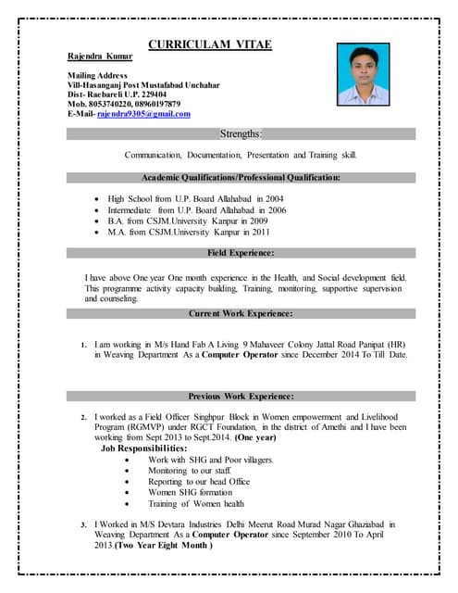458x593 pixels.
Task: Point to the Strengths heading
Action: coord(241,134)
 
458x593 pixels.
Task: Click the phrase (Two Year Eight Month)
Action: coord(164,546)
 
